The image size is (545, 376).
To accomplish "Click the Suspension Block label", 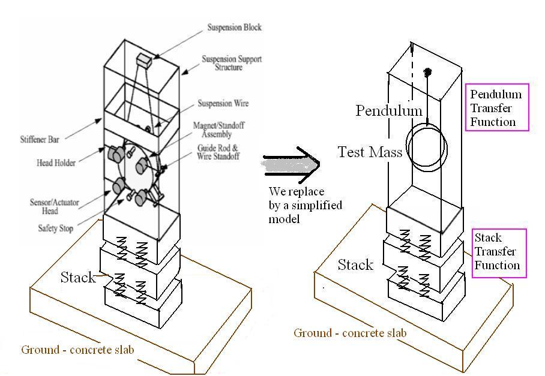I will [235, 28].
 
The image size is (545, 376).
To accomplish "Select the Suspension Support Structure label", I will [231, 64].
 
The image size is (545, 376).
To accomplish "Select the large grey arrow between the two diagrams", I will [292, 164].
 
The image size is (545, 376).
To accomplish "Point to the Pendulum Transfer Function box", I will [496, 109].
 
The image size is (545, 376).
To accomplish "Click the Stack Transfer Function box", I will [499, 252].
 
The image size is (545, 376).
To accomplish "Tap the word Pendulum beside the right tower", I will [389, 111].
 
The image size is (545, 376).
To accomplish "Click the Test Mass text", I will [370, 152].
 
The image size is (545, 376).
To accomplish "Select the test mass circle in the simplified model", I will [427, 148].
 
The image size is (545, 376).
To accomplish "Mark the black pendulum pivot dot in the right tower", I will [428, 73].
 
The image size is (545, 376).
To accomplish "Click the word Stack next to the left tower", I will [78, 277].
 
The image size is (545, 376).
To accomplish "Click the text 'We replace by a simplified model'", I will [305, 205].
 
